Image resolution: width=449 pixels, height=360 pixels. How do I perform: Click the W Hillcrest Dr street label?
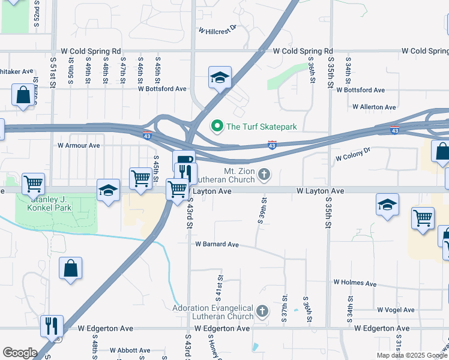(217, 28)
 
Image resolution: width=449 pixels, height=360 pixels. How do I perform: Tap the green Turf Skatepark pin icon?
(216, 127)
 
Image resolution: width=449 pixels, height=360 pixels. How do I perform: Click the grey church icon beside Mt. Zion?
(265, 175)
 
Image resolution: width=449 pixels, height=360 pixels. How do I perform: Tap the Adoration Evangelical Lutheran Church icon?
(262, 311)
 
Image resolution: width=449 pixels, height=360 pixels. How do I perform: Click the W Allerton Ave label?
(373, 107)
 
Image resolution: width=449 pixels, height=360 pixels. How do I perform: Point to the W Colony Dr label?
(354, 157)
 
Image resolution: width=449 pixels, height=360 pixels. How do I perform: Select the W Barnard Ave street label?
(217, 244)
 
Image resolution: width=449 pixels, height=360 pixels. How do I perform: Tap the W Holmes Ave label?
(355, 282)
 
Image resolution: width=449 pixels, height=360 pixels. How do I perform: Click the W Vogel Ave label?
(396, 310)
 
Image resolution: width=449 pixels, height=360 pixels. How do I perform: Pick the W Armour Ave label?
(79, 145)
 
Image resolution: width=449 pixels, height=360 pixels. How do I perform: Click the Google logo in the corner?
(20, 353)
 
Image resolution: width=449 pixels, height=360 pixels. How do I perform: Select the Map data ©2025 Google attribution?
(412, 355)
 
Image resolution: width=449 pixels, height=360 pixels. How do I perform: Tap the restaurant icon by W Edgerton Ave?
(51, 326)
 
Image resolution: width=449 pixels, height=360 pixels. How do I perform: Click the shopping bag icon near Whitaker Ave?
(23, 95)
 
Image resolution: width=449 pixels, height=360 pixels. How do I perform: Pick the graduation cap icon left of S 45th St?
(108, 190)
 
